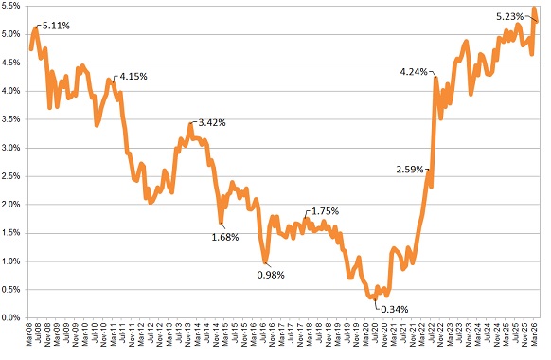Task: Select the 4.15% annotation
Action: pyautogui.click(x=132, y=76)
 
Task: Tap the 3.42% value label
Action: pyautogui.click(x=212, y=122)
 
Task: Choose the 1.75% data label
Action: pyautogui.click(x=324, y=211)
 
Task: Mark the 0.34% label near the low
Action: pyautogui.click(x=395, y=309)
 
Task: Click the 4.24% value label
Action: pyautogui.click(x=414, y=72)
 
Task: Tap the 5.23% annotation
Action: pyautogui.click(x=512, y=16)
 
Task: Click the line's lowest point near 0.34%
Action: pyautogui.click(x=374, y=297)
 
